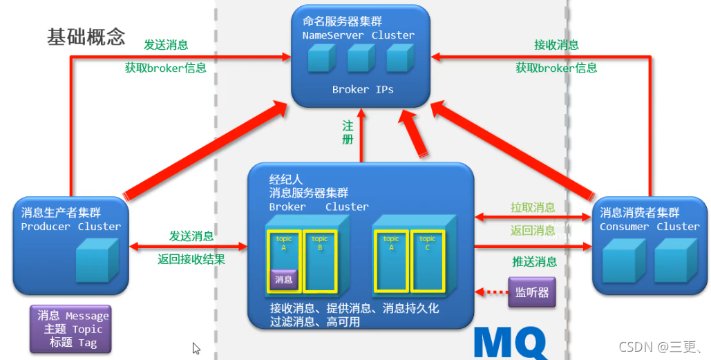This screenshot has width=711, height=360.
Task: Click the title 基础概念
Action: tap(86, 37)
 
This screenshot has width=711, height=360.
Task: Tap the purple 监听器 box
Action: tap(531, 292)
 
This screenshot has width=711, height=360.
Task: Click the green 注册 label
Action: tap(348, 132)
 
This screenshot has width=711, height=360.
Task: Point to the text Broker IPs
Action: tap(362, 89)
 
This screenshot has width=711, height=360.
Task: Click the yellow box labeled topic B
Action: tap(320, 260)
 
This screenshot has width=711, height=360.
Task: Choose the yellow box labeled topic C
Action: tap(428, 260)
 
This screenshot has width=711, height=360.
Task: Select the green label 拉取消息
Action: tap(533, 207)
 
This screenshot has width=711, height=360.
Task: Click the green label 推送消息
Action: tap(534, 261)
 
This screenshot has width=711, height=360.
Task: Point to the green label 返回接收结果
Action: tap(191, 260)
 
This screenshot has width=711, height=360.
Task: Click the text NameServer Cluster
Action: tap(358, 35)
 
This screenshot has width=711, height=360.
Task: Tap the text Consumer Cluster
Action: tap(649, 227)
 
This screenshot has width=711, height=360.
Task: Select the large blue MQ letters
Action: tap(511, 343)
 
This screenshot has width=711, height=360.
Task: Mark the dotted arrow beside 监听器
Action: tap(491, 292)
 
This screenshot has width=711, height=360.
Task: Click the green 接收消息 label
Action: tap(556, 45)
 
